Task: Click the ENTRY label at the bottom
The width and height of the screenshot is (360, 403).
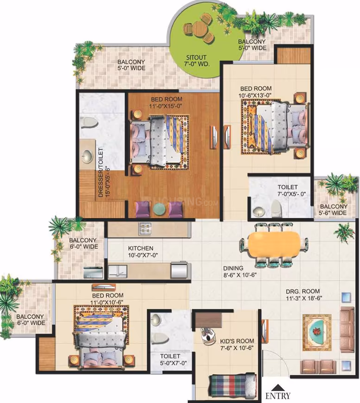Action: [x=278, y=396]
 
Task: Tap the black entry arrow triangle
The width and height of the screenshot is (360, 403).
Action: [x=277, y=387]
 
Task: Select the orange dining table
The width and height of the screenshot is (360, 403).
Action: [x=274, y=244]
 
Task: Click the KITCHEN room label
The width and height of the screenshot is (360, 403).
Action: [x=141, y=248]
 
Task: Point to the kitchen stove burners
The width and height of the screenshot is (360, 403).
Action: [x=145, y=228]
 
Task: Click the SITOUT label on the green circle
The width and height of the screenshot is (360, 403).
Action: [x=197, y=57]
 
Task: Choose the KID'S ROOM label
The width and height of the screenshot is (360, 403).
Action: [x=237, y=341]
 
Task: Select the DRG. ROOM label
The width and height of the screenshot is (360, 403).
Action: [x=303, y=291]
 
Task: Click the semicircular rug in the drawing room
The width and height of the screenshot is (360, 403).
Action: [x=317, y=329]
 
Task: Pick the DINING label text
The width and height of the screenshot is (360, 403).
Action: [x=233, y=268]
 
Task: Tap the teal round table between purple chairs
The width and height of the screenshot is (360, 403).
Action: [x=159, y=209]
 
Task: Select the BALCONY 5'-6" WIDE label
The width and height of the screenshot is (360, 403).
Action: [x=333, y=209]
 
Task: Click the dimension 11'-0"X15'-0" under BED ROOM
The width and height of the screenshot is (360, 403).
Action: [x=167, y=106]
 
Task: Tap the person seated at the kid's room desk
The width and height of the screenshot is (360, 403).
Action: [x=208, y=335]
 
